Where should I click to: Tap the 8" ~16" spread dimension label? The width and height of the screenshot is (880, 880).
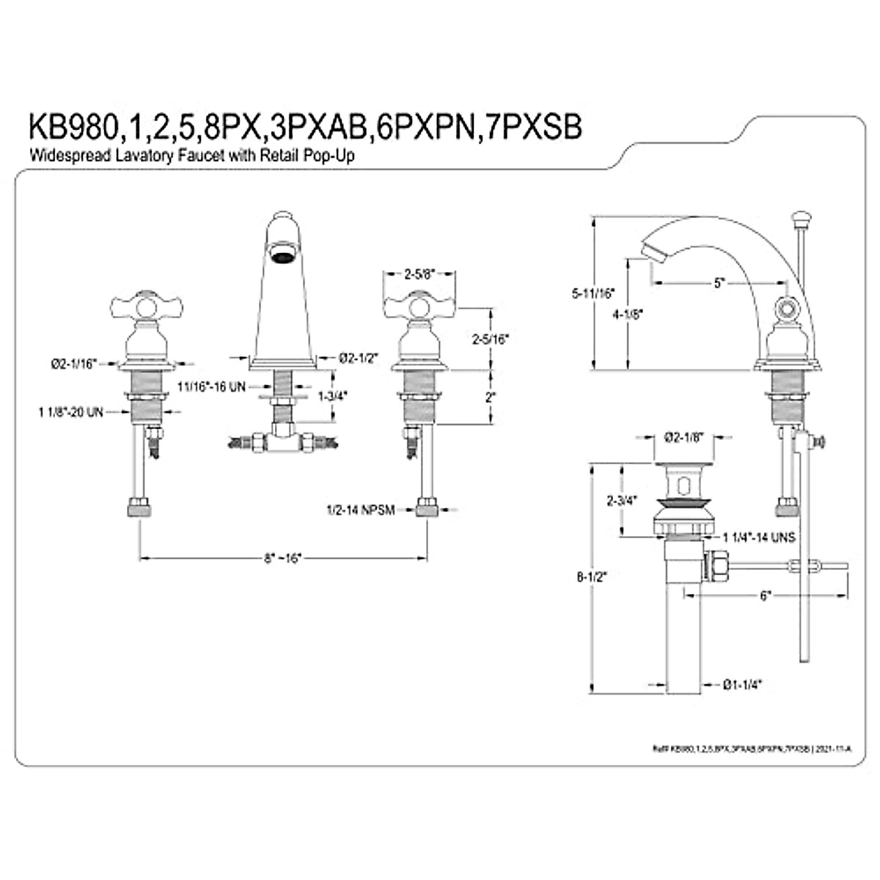[283, 559]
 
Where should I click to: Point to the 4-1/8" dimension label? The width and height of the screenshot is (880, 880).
[628, 314]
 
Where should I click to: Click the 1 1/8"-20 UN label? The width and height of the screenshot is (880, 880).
[72, 412]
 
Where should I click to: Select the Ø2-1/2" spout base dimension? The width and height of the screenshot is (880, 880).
[359, 357]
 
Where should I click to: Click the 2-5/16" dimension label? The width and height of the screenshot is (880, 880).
[490, 339]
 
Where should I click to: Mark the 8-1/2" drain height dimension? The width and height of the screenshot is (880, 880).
[591, 576]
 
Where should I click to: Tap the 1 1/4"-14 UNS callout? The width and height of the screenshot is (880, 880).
[758, 537]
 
